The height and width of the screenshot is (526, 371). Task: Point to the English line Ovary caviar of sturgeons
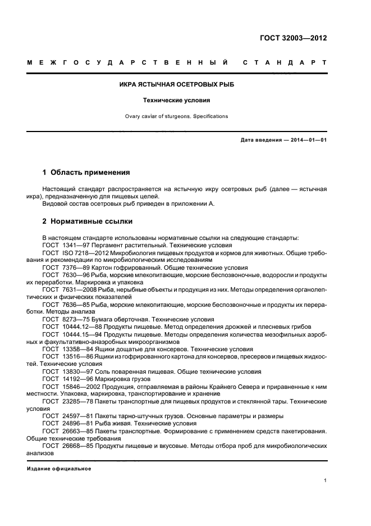(177, 116)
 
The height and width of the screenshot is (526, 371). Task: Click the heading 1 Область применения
(86, 173)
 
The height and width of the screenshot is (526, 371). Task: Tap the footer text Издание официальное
(59, 468)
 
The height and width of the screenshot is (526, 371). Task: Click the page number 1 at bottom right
(326, 480)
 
